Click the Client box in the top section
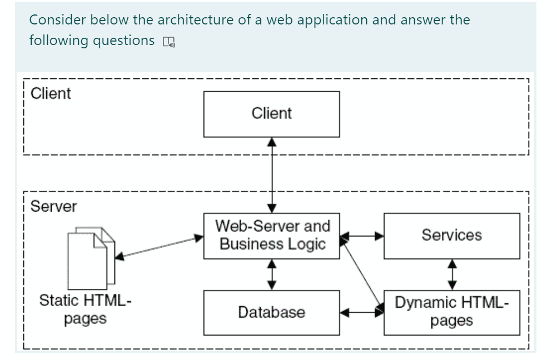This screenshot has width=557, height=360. click(x=271, y=114)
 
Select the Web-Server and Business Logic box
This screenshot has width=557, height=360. click(x=271, y=236)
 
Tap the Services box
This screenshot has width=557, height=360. click(x=451, y=236)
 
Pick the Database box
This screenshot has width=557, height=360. click(x=271, y=312)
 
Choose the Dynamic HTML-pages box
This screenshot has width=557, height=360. click(x=451, y=312)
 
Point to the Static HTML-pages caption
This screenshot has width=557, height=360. click(x=85, y=311)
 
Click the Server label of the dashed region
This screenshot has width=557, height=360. click(x=53, y=207)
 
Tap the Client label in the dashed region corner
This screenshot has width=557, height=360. click(x=51, y=93)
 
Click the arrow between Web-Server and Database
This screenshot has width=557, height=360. click(x=271, y=274)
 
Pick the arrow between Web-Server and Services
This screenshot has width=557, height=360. click(x=362, y=236)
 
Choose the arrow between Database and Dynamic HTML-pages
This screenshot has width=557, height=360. click(x=362, y=313)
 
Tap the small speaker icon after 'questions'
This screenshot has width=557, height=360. click(x=168, y=42)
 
